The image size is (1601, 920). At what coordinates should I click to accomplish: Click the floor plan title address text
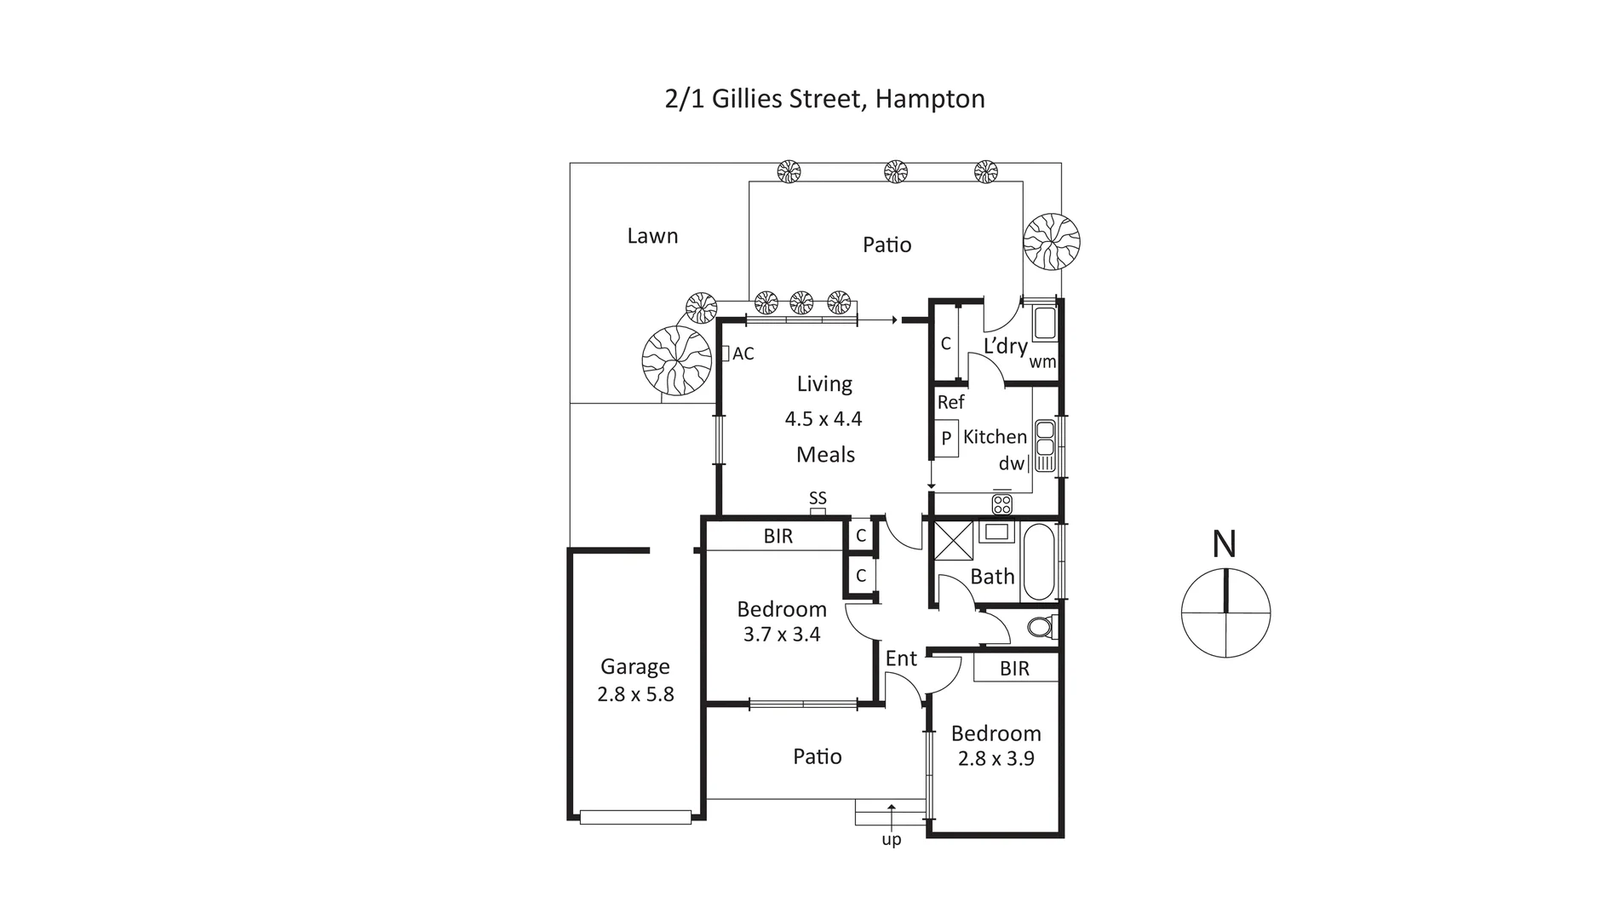pos(824,99)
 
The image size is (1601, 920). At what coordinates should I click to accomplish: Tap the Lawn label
pos(652,236)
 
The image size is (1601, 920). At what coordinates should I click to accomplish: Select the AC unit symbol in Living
pos(726,353)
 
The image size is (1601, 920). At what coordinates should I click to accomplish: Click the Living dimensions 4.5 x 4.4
pos(823,419)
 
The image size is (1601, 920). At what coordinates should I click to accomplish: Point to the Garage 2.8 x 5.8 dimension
pos(635,694)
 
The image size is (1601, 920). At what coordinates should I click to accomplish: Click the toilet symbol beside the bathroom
pos(1040,628)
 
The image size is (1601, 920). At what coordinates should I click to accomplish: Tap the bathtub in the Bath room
pos(1038,562)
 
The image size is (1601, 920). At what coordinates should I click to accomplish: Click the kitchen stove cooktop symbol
pos(1001,503)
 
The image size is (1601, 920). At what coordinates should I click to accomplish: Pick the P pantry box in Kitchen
pos(946,439)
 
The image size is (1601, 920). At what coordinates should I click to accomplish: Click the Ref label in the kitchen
pos(950,402)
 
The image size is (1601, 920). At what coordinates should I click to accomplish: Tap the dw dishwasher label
pos(1011,464)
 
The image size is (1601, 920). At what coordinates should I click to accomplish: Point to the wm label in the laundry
pos(1042,361)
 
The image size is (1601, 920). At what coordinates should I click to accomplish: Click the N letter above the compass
pos(1225,544)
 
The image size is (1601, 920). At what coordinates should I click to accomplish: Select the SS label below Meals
pos(818,498)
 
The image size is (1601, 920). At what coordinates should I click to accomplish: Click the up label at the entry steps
pos(892,840)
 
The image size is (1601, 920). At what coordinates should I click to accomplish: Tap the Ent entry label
pos(901,658)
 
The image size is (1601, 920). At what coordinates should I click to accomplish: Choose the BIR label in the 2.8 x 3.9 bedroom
pos(1014,669)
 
